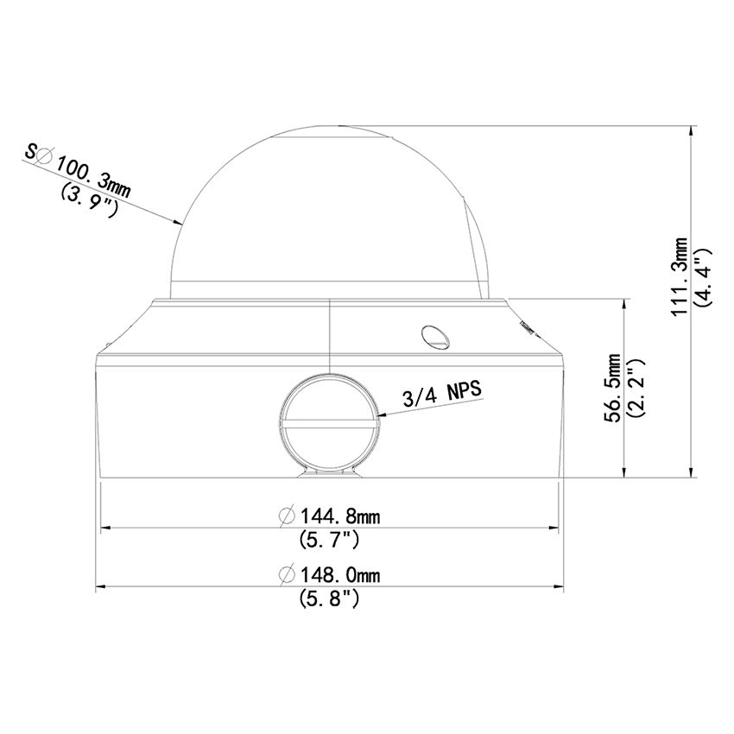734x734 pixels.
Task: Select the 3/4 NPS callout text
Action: coord(441,395)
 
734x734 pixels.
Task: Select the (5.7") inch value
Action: coord(329,541)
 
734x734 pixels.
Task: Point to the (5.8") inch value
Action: coord(329,598)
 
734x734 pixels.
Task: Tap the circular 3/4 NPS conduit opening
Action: coord(327,421)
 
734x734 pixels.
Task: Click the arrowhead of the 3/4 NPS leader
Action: coord(381,416)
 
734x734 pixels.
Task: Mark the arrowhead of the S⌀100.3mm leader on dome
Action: coord(180,224)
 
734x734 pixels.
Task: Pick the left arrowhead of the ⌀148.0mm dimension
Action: coord(98,587)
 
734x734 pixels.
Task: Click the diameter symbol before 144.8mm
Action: coord(288,516)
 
